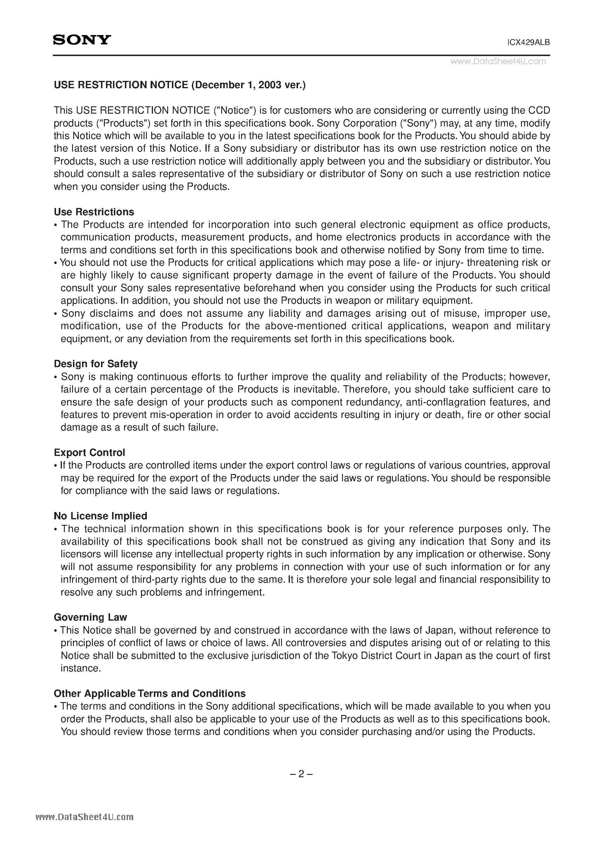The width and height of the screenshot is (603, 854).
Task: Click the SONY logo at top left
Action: point(82,40)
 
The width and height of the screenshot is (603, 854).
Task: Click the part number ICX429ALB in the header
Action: point(528,42)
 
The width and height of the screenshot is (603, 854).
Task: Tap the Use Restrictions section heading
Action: point(94,212)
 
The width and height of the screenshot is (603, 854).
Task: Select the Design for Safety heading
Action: point(95,364)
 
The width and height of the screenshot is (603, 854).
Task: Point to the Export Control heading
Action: point(89,453)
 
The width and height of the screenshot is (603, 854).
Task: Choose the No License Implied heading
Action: point(100,516)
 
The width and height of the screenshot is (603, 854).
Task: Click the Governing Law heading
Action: point(90,617)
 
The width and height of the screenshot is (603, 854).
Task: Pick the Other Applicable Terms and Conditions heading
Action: point(149,694)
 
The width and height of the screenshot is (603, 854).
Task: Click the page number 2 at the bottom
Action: point(301,774)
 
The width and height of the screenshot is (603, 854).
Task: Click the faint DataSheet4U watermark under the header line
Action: point(498,62)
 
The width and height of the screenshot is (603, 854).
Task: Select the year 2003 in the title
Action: point(270,85)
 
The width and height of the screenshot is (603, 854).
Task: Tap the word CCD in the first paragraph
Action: point(539,110)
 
